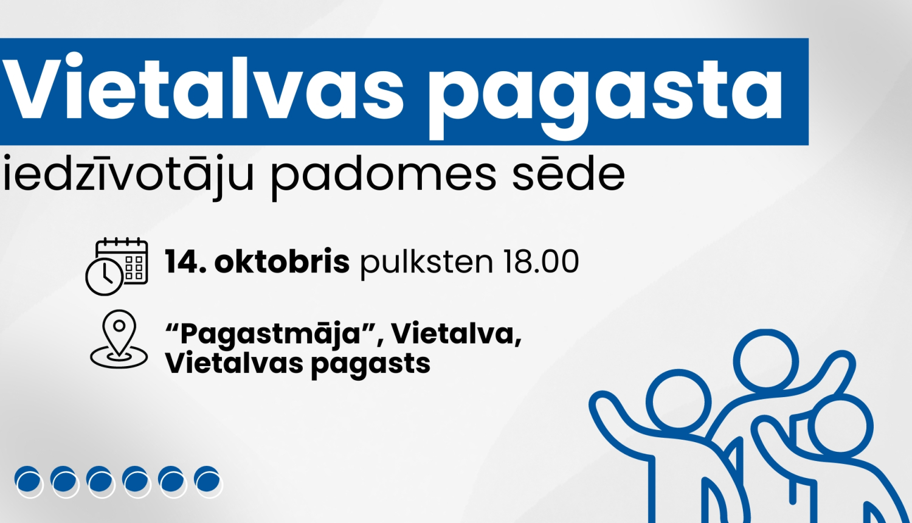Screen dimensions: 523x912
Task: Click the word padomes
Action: [x=383, y=174]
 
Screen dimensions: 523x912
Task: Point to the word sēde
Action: [x=568, y=174]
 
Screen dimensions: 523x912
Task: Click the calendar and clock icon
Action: [x=117, y=266]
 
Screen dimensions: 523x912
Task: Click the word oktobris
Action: [x=282, y=262]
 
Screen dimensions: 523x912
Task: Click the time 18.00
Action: [x=541, y=262]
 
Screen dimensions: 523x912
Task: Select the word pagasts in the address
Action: [x=370, y=364]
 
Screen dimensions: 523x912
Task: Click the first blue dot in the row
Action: [x=28, y=480]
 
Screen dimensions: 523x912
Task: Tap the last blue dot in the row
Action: [x=207, y=480]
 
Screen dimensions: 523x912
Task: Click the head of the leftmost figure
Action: [x=678, y=403]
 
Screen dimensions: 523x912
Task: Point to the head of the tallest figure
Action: [x=765, y=362]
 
